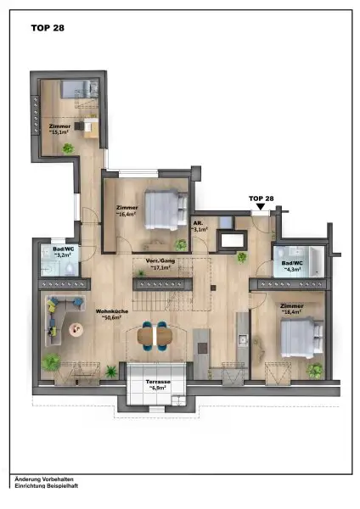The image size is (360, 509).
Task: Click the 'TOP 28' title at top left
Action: pyautogui.click(x=48, y=27)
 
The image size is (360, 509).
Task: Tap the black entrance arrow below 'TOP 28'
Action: pyautogui.click(x=261, y=206)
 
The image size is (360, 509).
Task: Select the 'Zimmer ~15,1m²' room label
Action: pyautogui.click(x=59, y=129)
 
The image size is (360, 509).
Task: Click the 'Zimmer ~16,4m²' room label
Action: pyautogui.click(x=127, y=211)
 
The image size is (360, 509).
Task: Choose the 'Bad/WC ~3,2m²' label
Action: pyautogui.click(x=62, y=252)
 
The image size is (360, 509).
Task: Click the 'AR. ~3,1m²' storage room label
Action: pyautogui.click(x=200, y=227)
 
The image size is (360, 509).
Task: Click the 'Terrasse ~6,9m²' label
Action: pyautogui.click(x=159, y=385)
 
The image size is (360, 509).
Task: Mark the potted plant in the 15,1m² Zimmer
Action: pyautogui.click(x=68, y=148)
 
